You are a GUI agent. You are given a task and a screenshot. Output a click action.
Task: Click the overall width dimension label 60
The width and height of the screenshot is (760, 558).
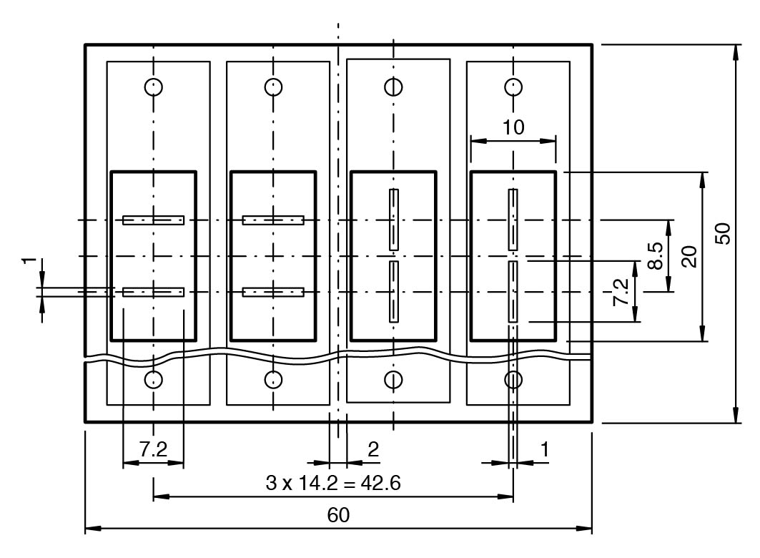[x=339, y=515]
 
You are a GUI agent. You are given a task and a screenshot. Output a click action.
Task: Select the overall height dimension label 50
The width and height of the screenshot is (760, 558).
[x=723, y=233]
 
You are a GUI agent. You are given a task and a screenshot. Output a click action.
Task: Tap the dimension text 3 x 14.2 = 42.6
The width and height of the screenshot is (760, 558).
[x=333, y=483]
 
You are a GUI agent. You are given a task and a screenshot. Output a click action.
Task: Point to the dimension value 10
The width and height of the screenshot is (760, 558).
[x=513, y=127]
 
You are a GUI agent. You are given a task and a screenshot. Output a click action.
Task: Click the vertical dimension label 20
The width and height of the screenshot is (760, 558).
[x=689, y=256]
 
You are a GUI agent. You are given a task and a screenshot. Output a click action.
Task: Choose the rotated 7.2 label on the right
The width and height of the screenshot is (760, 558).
[x=621, y=292]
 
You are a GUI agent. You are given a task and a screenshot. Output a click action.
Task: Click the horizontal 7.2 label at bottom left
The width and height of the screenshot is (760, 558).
[x=153, y=449]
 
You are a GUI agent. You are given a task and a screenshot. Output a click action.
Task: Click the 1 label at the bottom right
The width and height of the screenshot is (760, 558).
[x=545, y=449]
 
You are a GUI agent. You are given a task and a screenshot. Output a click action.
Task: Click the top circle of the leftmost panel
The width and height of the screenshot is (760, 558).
[x=153, y=87]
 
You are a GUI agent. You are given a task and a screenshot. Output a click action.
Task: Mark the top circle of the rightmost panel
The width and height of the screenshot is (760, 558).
[x=513, y=87]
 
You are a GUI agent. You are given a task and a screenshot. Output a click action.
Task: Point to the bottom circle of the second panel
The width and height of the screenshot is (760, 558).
[x=273, y=379]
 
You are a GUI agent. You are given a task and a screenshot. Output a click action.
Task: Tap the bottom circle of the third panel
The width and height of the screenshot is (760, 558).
[x=393, y=379]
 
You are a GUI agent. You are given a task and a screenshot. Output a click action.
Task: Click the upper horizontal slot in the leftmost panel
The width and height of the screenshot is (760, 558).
[x=153, y=220]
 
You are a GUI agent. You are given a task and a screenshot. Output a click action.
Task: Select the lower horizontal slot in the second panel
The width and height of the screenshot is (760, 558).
[x=273, y=292]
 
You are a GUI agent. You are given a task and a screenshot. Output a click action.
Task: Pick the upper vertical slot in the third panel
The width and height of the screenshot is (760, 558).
[x=393, y=220]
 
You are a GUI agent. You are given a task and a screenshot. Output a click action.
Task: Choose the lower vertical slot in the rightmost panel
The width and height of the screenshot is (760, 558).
[x=513, y=291]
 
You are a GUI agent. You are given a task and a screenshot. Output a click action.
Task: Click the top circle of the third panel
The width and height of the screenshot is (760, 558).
[x=393, y=87]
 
